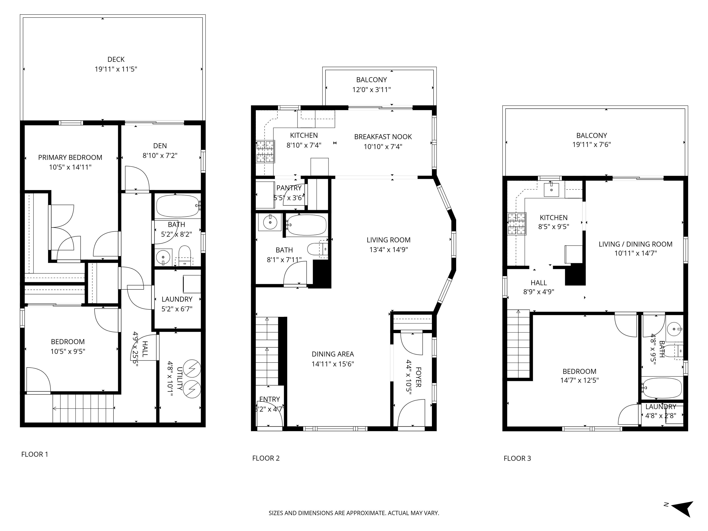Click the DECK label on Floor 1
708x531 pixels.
click(116, 59)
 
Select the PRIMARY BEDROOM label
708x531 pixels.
click(70, 157)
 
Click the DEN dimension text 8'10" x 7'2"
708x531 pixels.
click(160, 156)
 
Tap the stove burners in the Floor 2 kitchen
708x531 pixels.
click(265, 151)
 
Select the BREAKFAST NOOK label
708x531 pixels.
click(383, 137)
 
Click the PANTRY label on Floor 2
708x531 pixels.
click(289, 188)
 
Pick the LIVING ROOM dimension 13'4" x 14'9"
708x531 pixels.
click(389, 250)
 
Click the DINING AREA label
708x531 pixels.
click(333, 354)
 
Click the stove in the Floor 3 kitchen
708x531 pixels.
click(517, 224)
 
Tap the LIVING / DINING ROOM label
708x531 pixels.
click(636, 244)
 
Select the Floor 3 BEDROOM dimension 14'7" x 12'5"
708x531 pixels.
click(579, 380)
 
